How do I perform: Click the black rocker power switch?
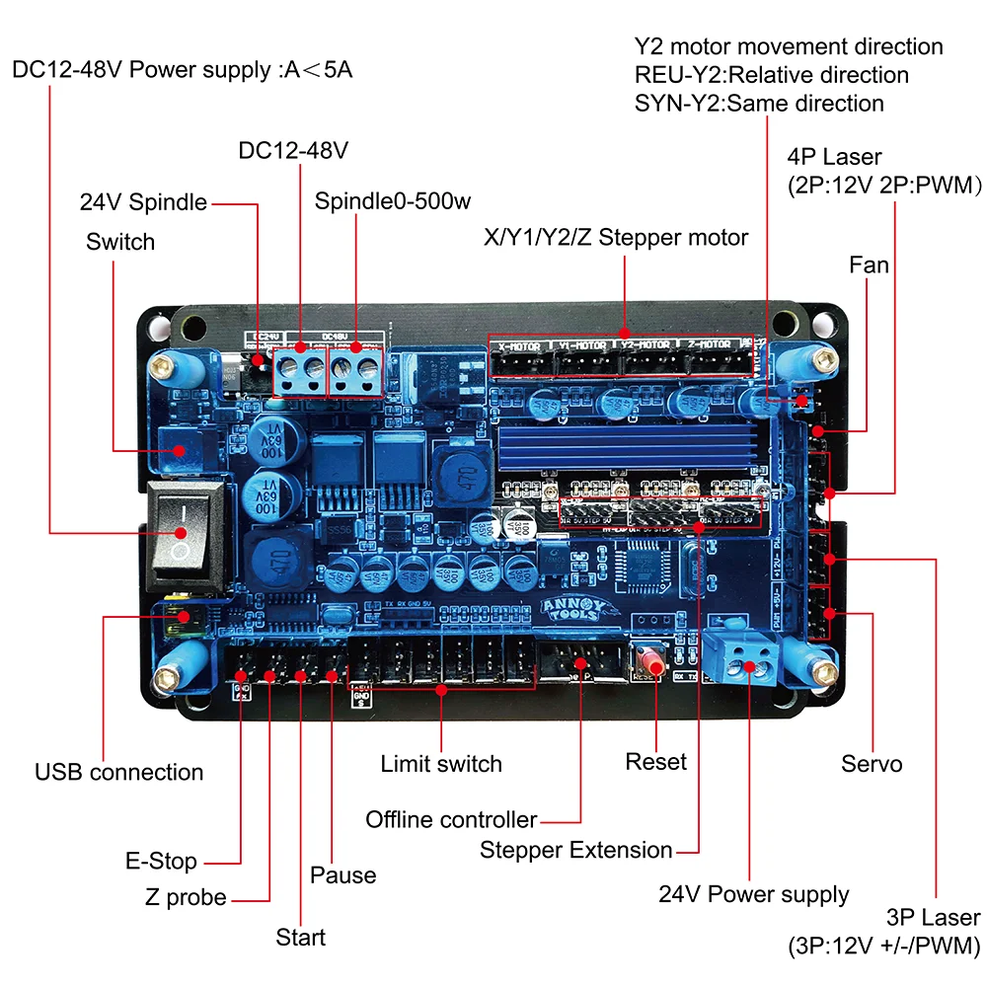[x=184, y=528]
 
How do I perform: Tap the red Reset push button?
[x=647, y=658]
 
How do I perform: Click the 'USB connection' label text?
[x=118, y=772]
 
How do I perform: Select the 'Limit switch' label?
[x=441, y=763]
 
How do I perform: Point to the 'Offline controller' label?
[x=451, y=819]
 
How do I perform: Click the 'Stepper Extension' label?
[x=575, y=850]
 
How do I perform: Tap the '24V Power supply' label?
[x=753, y=894]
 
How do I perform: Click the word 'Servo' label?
[x=872, y=763]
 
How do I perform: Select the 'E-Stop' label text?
[x=161, y=861]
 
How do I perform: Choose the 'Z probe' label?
[x=186, y=898]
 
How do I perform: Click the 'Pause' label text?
[x=342, y=874]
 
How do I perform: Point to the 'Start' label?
[x=300, y=936]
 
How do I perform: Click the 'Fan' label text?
[x=869, y=265]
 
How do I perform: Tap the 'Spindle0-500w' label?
[x=393, y=201]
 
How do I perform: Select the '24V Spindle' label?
[x=143, y=202]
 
